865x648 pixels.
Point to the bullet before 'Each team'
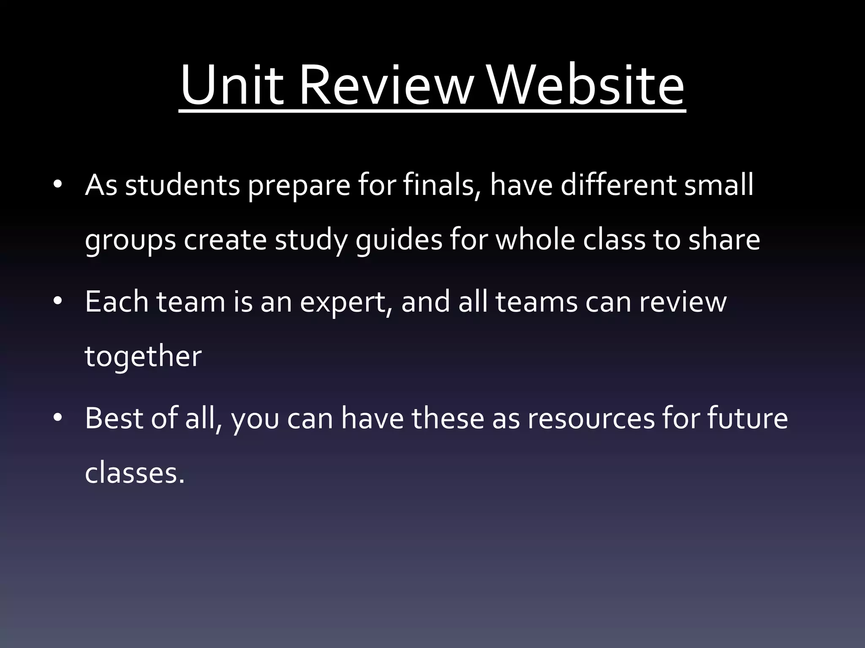pos(58,301)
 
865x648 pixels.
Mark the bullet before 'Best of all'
pos(58,418)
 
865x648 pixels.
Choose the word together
pos(143,357)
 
